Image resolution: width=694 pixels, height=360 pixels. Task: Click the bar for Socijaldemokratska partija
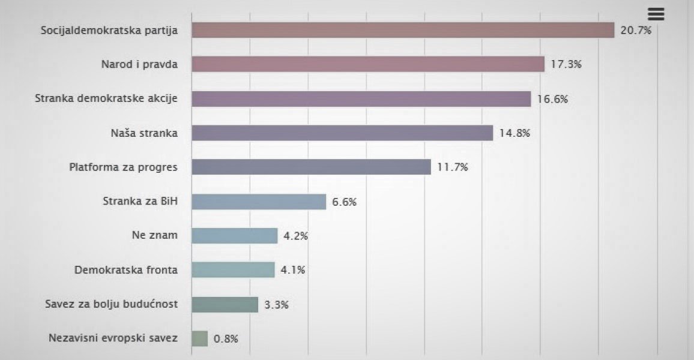click(403, 30)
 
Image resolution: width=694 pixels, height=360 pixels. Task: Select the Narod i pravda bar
click(368, 64)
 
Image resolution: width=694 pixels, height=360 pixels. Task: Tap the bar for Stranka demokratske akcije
click(361, 99)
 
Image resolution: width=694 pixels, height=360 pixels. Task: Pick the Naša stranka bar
click(342, 133)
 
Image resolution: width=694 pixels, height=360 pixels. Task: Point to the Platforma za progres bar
click(311, 167)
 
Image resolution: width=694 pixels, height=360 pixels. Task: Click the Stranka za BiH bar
click(259, 202)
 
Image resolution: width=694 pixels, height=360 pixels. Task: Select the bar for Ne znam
click(235, 236)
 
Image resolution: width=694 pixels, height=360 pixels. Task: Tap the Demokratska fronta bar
click(233, 270)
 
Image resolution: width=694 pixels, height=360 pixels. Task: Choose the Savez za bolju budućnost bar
click(225, 304)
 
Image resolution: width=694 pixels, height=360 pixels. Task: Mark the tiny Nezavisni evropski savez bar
click(200, 338)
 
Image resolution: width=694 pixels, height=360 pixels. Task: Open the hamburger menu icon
click(656, 14)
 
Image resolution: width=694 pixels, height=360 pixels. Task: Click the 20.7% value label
click(636, 30)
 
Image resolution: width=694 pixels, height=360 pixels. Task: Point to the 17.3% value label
click(566, 64)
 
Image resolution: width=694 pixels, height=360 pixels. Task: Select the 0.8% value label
click(226, 338)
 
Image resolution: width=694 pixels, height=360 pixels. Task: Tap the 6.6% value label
click(345, 202)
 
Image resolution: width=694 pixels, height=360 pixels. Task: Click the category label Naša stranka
click(144, 133)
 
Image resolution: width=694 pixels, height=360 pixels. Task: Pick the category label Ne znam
click(155, 235)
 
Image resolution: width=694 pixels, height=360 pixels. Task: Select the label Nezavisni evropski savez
click(113, 338)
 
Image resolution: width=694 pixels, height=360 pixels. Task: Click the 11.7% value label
click(453, 167)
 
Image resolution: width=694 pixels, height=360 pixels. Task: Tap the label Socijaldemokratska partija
click(109, 30)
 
